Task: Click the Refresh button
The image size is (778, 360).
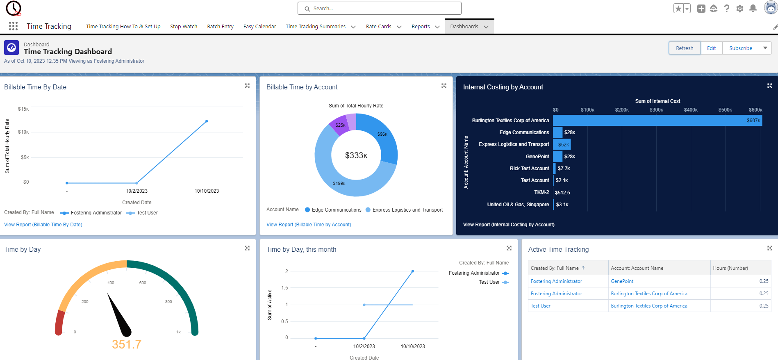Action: (685, 48)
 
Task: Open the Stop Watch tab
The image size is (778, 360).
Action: (184, 27)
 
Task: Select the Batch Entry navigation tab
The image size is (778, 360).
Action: (220, 27)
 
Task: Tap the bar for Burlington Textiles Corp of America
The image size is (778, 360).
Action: (657, 121)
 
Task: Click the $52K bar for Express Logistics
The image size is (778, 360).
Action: (562, 144)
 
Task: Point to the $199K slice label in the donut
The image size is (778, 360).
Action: (339, 183)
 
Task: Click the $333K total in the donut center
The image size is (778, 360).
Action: (356, 155)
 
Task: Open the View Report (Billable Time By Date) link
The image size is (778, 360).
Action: (43, 225)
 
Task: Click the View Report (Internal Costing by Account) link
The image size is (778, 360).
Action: (509, 225)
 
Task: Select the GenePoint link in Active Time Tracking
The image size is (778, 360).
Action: (622, 281)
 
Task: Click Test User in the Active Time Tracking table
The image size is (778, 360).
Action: (540, 306)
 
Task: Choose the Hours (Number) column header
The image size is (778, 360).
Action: (730, 268)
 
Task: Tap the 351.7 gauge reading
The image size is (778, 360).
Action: (127, 344)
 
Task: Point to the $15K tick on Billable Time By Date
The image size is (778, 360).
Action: (23, 109)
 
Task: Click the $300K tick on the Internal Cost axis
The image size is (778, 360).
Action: (656, 110)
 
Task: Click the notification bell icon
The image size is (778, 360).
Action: (753, 8)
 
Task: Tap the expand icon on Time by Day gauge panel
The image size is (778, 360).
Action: (247, 248)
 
